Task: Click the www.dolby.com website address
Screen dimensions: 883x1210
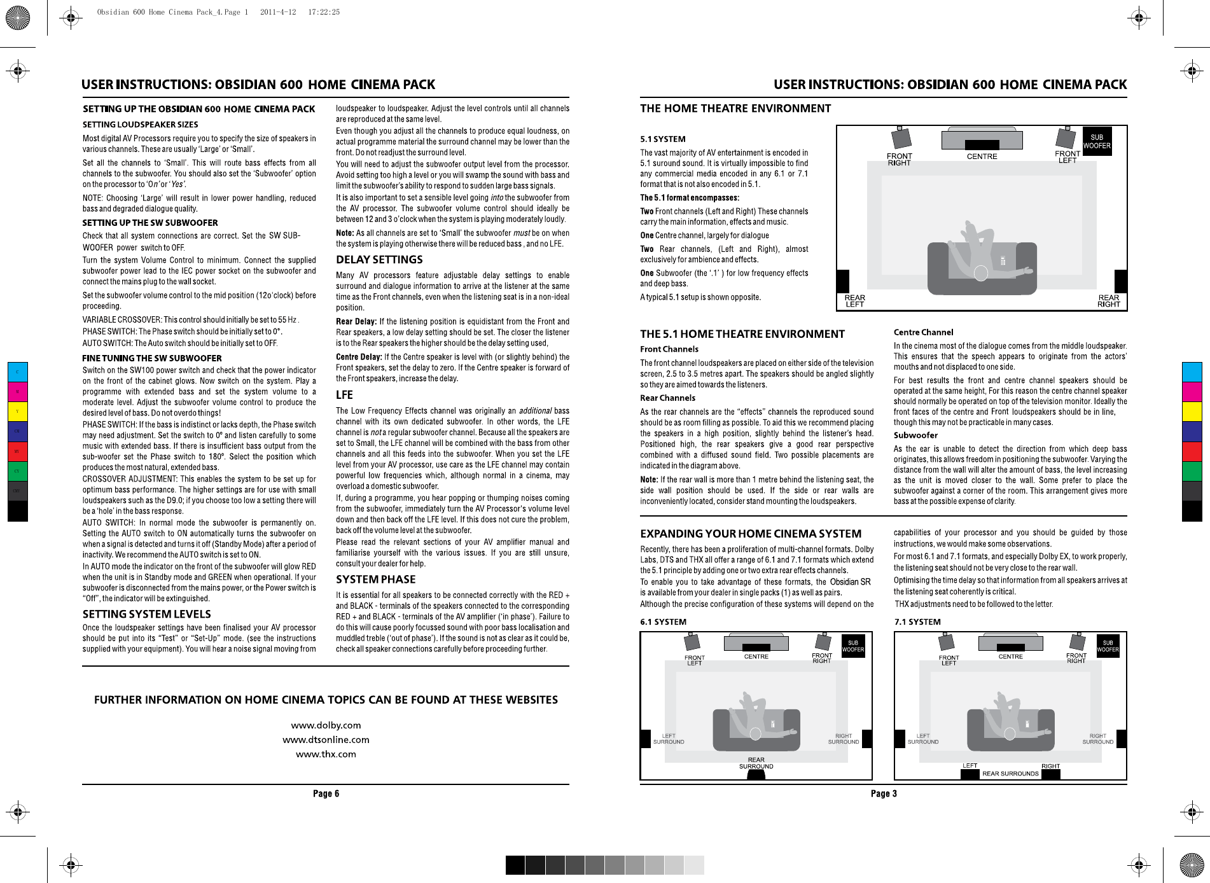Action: coord(326,725)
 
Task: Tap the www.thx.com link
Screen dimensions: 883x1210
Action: coord(326,754)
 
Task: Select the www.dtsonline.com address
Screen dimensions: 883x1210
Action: coord(326,740)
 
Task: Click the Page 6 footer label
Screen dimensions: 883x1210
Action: coord(326,793)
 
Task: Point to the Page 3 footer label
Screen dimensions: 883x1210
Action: coord(884,793)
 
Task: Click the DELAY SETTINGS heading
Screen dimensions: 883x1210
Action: coord(379,260)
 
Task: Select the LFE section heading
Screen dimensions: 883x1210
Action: coord(344,395)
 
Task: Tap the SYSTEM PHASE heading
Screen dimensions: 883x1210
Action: coord(375,580)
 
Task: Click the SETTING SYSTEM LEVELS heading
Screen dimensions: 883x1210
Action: coord(146,614)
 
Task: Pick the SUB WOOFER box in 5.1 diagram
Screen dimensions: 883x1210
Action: coord(1097,141)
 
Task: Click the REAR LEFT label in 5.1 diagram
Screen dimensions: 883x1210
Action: coord(854,301)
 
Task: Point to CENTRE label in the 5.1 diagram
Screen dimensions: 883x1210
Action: coord(982,156)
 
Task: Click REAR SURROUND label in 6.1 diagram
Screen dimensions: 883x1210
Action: coord(756,763)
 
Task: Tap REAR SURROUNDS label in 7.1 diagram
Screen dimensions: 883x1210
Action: coord(1010,774)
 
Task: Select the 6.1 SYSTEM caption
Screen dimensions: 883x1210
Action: coord(663,622)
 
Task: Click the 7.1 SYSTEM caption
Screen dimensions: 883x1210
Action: coord(917,622)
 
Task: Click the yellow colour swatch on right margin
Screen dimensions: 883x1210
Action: coord(1192,412)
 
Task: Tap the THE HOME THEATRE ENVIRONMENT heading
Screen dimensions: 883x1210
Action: coord(735,108)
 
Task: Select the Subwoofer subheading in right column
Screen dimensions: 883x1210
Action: coord(915,435)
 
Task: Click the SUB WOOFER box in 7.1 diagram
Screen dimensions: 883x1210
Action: coord(1108,646)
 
